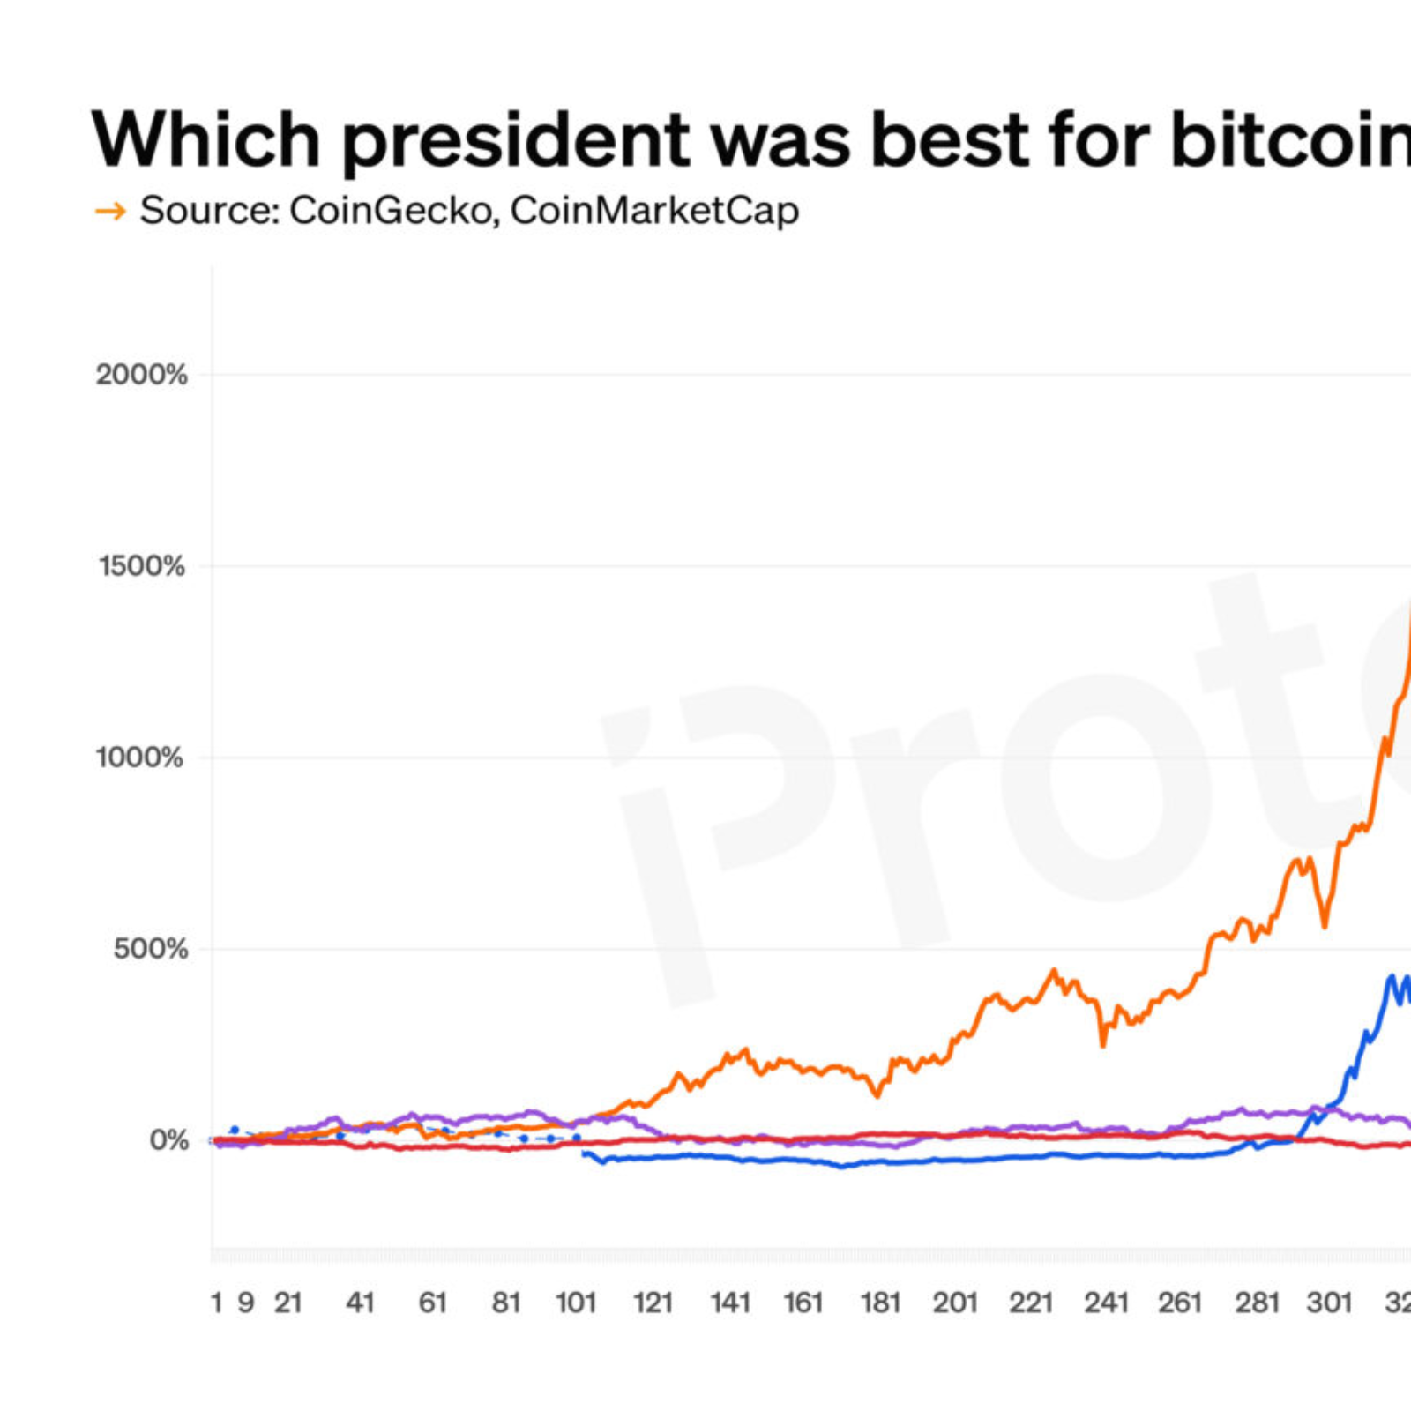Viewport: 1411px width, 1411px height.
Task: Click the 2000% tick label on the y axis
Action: click(141, 375)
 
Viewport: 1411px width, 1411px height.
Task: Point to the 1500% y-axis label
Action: click(141, 566)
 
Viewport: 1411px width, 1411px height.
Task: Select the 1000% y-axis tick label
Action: click(139, 758)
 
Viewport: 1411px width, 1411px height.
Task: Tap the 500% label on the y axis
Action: click(150, 949)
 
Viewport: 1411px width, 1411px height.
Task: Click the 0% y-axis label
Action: click(168, 1140)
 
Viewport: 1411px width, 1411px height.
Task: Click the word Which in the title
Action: click(205, 139)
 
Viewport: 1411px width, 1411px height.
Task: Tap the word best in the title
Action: click(949, 139)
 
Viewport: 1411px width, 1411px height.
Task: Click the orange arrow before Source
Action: click(110, 212)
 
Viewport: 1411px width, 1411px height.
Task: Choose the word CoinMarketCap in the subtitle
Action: click(654, 211)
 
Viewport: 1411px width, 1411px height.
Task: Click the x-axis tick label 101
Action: click(576, 1303)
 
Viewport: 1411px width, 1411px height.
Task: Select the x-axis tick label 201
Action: click(955, 1303)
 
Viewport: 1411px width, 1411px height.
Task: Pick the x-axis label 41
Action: click(360, 1303)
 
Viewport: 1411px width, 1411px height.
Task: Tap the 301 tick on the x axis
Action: click(1329, 1303)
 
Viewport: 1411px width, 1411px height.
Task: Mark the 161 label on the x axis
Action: click(803, 1303)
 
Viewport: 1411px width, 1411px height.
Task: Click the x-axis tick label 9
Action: click(246, 1303)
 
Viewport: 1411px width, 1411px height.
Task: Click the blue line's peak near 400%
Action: click(1392, 976)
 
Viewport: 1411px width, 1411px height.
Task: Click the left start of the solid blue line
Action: click(585, 1153)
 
